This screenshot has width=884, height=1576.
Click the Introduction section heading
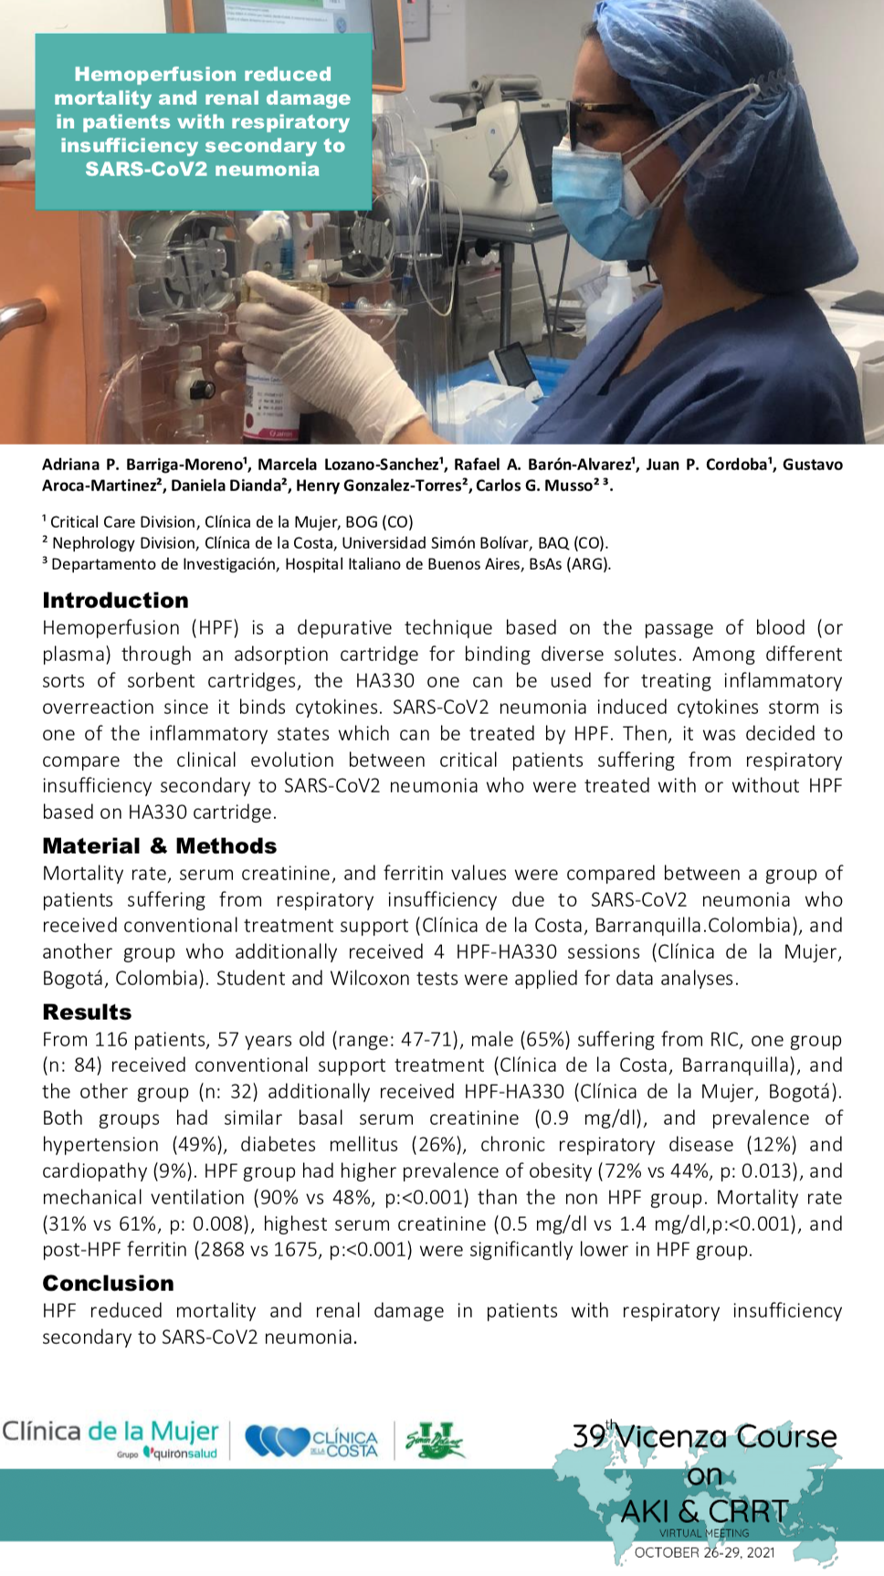(115, 600)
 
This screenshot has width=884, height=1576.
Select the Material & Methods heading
(159, 846)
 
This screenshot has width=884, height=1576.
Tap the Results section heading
(87, 1012)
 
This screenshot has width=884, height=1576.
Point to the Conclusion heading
(108, 1283)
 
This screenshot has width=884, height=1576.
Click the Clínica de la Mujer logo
(110, 1438)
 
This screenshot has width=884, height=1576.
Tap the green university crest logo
(435, 1441)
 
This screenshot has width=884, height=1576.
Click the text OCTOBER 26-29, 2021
(704, 1552)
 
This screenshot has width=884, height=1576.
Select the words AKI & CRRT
(704, 1511)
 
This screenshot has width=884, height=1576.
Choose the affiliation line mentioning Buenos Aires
(327, 564)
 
